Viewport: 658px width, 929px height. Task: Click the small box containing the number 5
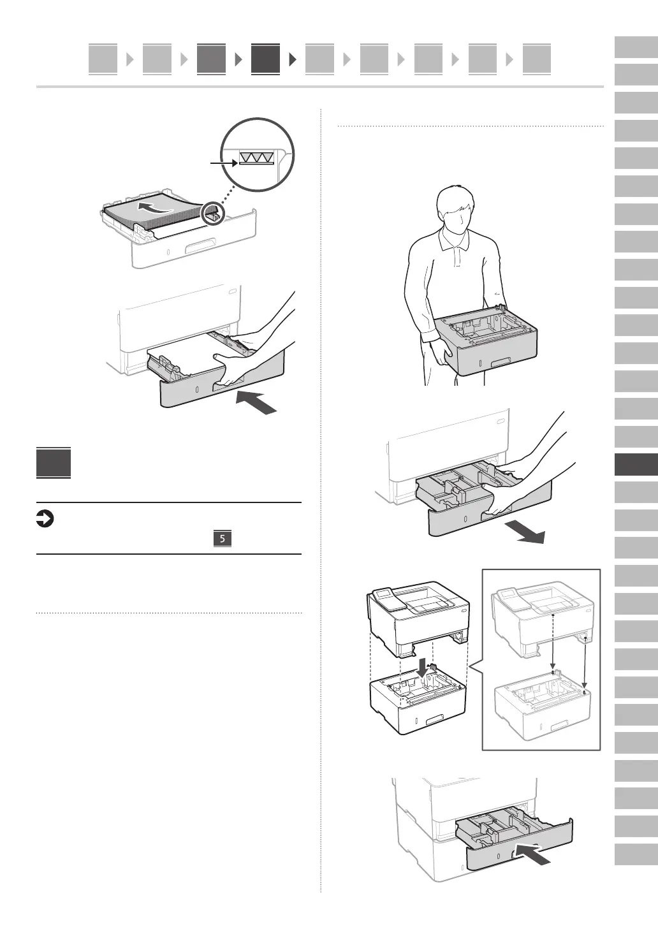222,539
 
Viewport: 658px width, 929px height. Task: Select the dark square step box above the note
54,464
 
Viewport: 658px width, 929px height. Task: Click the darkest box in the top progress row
265,59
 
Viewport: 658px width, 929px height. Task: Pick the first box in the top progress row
103,59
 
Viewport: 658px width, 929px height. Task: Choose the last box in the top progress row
536,59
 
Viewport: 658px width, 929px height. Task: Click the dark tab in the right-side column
636,464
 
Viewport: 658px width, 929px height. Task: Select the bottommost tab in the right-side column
636,854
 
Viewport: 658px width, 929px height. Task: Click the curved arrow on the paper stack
156,208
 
